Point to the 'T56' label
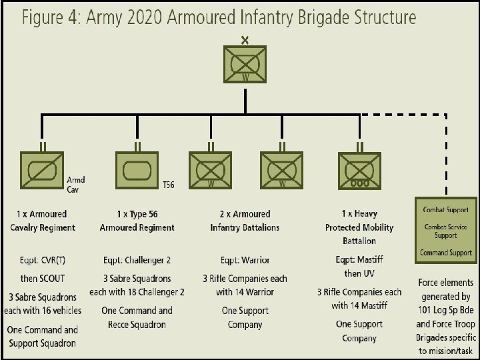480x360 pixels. [x=169, y=184]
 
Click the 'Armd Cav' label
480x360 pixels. [x=77, y=183]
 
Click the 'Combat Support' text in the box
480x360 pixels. [x=445, y=210]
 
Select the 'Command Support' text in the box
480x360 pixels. [x=445, y=252]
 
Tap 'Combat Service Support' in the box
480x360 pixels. [x=445, y=231]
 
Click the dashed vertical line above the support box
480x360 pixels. [x=445, y=153]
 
